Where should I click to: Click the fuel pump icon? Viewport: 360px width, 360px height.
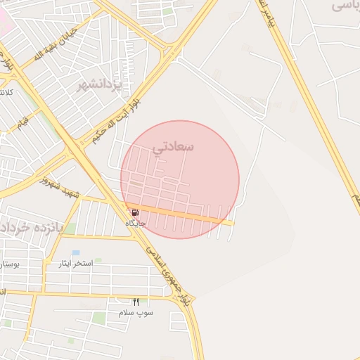point(134,212)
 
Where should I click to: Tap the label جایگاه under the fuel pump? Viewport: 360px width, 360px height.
point(135,223)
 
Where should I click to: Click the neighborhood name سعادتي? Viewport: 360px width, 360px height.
point(172,147)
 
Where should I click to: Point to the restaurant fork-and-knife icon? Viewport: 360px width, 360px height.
point(136,302)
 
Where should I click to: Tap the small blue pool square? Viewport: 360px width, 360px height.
point(76,252)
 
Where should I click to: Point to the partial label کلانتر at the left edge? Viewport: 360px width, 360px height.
point(6,92)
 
